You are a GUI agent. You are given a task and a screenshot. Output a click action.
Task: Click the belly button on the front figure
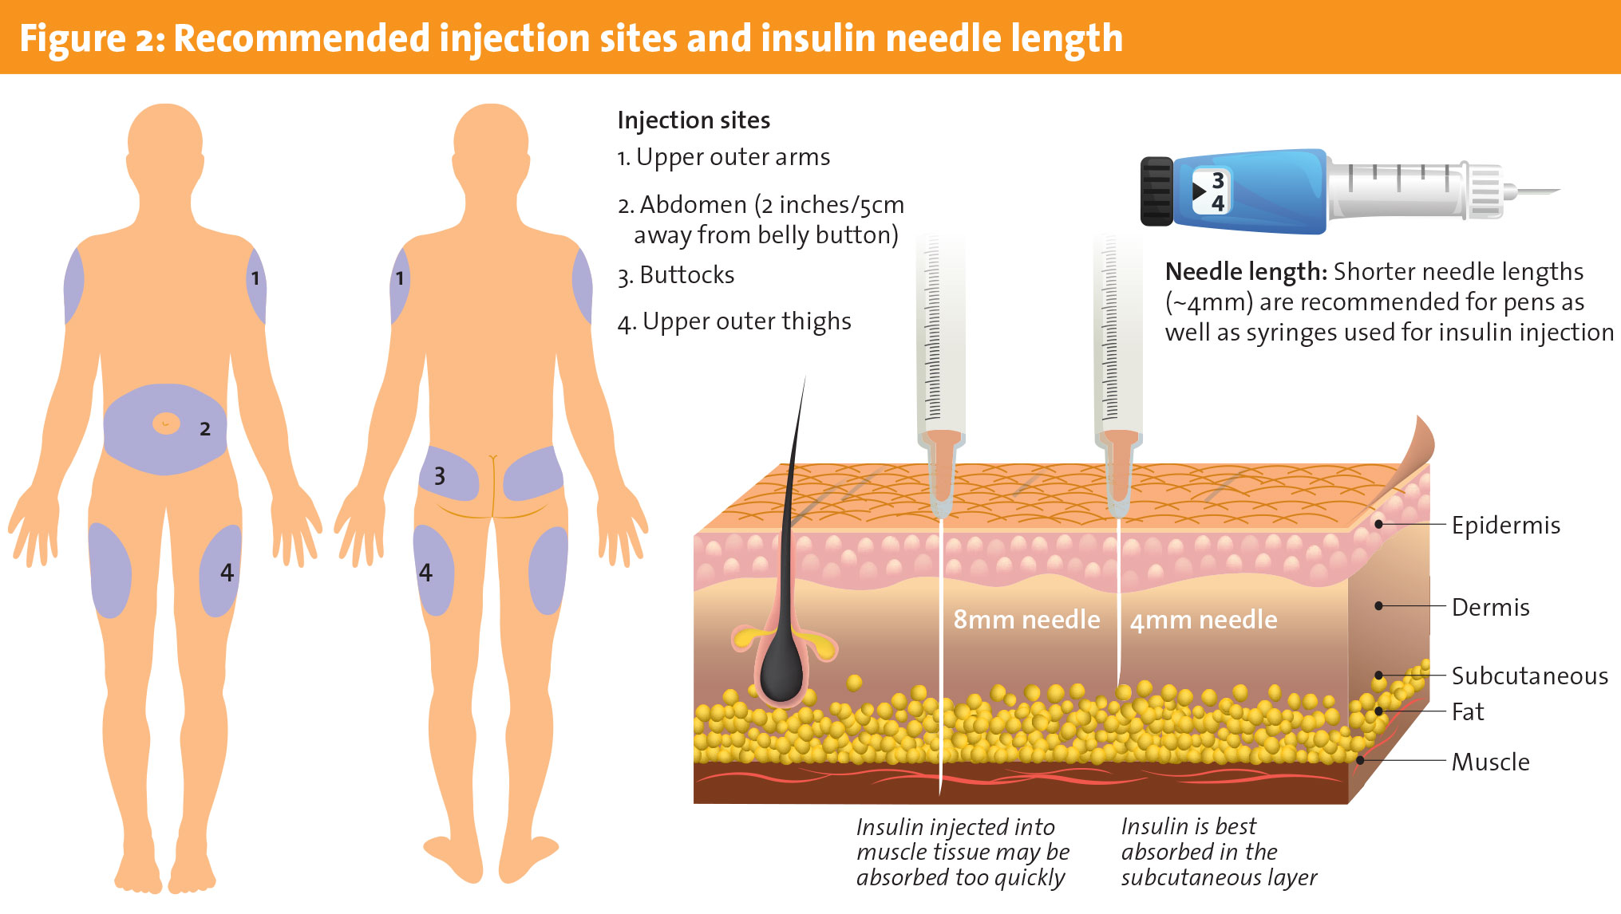tap(166, 423)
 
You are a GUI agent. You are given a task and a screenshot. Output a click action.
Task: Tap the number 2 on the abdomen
tap(205, 429)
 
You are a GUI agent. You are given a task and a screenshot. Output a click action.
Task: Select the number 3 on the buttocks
tap(439, 476)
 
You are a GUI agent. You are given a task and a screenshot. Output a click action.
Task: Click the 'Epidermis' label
tap(1505, 526)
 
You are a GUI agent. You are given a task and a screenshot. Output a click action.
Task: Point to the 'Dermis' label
tap(1490, 608)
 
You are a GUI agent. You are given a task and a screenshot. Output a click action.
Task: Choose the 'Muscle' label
tap(1490, 762)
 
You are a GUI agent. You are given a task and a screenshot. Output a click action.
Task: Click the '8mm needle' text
tap(1026, 620)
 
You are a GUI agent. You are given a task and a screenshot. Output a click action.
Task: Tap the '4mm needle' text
tap(1204, 620)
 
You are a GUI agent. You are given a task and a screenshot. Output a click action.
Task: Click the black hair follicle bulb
tap(780, 671)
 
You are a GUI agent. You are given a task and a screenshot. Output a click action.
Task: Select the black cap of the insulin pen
tap(1156, 191)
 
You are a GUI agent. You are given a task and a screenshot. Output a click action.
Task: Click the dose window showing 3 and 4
tap(1212, 191)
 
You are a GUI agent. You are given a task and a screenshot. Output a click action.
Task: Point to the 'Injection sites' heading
tap(694, 120)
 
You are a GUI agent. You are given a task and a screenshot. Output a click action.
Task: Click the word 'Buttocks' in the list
tap(686, 275)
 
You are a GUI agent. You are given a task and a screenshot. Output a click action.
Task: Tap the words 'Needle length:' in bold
tap(1246, 272)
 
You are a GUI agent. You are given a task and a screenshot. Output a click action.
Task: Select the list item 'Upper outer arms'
tap(732, 157)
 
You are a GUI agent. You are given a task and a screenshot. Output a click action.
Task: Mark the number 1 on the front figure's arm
tap(255, 278)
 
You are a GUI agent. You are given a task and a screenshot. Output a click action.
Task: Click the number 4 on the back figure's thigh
tap(425, 573)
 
